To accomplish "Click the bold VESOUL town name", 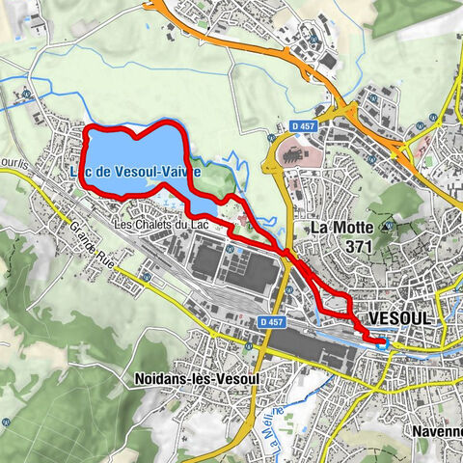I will tap(398, 317).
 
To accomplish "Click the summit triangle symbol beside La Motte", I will tap(387, 229).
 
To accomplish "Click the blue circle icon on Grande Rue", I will tap(146, 277).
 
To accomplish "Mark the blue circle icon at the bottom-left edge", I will tap(6, 422).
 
